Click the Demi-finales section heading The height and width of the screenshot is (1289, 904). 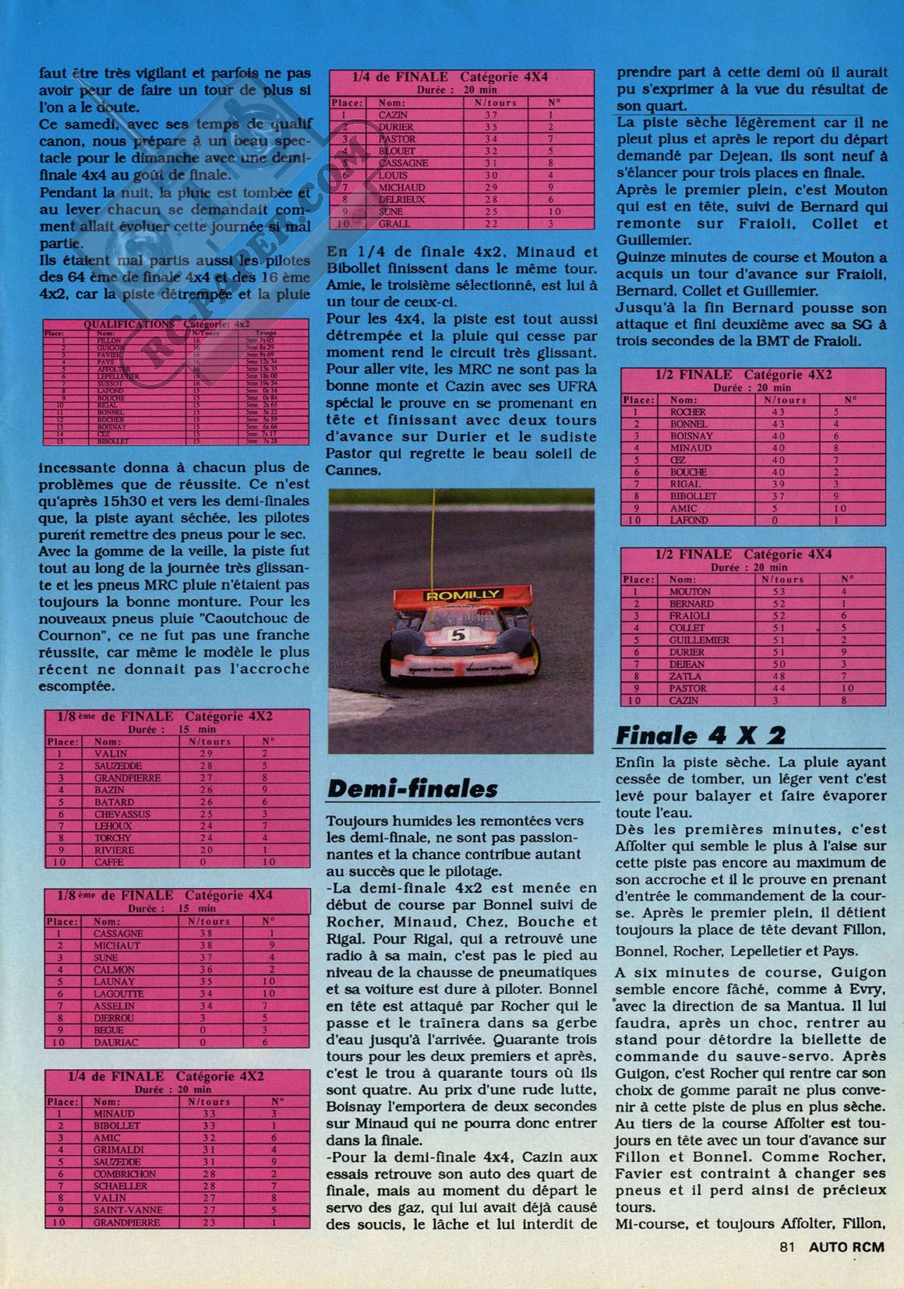411,788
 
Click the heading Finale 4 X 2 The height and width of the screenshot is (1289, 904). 700,734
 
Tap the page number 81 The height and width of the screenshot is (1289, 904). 786,1268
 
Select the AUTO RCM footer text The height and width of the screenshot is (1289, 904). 847,1268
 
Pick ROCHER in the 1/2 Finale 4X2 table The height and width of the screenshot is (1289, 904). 688,412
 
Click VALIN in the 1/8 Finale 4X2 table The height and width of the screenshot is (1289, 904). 110,753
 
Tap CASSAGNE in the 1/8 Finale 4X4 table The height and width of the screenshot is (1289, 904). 118,933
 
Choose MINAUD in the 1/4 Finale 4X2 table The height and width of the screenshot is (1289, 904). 113,1114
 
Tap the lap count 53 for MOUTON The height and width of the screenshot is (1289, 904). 777,591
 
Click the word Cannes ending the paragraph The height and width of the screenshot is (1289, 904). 355,470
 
